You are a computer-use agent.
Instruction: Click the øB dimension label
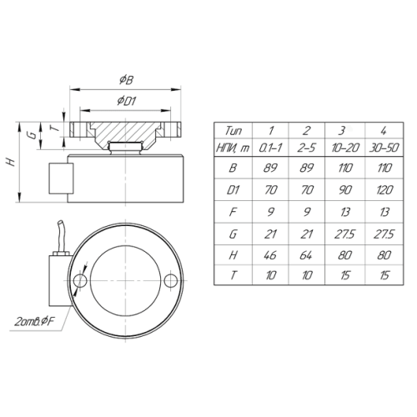(126, 80)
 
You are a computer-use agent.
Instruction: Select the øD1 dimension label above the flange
(127, 101)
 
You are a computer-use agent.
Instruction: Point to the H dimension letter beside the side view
(11, 162)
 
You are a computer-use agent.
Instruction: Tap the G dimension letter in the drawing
(33, 135)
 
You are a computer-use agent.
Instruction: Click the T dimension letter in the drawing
(56, 128)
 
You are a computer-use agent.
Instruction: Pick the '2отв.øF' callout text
(34, 322)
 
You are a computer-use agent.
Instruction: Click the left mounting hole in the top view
(80, 280)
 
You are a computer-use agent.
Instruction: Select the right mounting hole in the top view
(170, 280)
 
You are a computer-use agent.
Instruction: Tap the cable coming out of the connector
(62, 236)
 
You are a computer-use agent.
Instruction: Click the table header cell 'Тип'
(234, 130)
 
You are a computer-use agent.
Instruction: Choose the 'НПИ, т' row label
(233, 148)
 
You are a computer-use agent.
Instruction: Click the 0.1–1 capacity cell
(270, 148)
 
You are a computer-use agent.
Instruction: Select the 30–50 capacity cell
(384, 148)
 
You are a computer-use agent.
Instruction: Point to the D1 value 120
(384, 190)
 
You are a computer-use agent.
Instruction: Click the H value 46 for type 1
(270, 255)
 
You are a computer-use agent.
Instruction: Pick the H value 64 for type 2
(306, 255)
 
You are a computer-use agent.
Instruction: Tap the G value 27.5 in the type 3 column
(344, 234)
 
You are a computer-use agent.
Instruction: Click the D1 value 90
(344, 190)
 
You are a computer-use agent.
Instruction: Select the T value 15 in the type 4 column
(384, 275)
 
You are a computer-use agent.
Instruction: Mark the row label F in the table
(233, 212)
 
